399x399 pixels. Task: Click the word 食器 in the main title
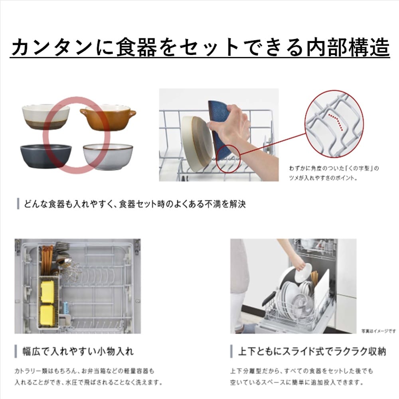point(136,47)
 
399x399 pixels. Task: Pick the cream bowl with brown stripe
point(46,117)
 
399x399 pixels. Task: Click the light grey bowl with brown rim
point(108,157)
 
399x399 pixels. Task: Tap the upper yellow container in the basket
point(47,292)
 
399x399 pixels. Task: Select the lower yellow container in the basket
point(47,315)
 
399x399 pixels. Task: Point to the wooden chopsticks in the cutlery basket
point(47,260)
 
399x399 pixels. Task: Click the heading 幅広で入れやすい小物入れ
point(78,352)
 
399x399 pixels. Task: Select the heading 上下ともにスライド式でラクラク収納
point(312,352)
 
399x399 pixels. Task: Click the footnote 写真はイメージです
point(379,331)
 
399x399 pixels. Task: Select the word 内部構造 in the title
point(348,47)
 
